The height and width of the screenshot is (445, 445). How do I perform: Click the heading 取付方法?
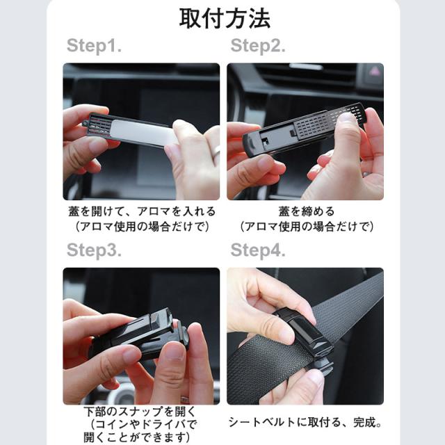(225, 19)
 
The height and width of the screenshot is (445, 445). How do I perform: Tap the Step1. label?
(95, 46)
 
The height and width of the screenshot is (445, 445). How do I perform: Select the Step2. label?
(258, 46)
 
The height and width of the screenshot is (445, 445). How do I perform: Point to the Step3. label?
(95, 250)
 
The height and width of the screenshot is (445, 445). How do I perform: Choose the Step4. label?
(258, 250)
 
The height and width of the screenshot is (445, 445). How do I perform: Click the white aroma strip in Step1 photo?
(142, 132)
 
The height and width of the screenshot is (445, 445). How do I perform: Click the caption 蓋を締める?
(307, 211)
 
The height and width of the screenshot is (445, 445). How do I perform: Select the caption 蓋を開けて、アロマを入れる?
(142, 211)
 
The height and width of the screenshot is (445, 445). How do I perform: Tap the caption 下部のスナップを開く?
(140, 412)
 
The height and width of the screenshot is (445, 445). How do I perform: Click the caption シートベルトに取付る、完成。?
(305, 422)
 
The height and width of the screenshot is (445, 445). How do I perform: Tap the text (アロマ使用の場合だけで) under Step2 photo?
(307, 227)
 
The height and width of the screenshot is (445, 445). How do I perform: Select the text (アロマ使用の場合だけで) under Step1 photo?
(142, 227)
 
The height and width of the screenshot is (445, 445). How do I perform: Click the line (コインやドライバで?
(143, 425)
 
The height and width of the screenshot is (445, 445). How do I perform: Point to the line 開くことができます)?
(137, 437)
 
